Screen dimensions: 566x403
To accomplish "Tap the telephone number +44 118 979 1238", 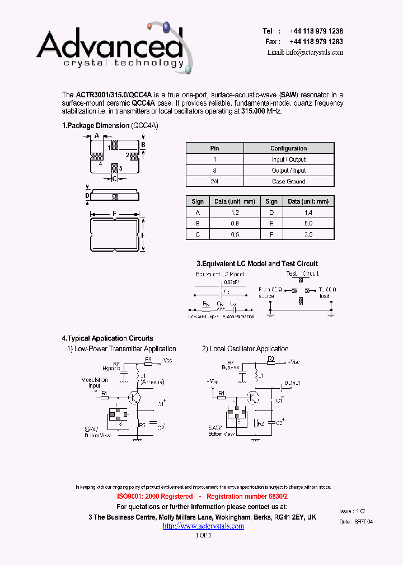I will point(316,31).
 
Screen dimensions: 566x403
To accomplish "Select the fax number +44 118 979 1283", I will point(316,41).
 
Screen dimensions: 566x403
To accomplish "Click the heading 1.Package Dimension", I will point(95,126).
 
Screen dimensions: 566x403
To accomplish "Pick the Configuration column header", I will point(288,148).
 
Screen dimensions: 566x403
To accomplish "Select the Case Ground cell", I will point(288,181).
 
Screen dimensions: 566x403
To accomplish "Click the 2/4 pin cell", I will point(214,181).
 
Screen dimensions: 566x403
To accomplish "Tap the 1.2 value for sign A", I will point(235,213).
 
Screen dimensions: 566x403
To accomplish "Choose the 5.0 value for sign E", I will point(308,223).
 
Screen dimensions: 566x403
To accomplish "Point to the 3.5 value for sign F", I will point(308,234).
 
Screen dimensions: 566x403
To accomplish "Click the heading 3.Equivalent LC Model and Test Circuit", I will point(257,263).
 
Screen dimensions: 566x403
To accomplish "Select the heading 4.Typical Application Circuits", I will point(107,338).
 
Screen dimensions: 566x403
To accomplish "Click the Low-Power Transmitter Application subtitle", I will point(125,348).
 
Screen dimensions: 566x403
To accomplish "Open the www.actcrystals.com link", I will point(203,526).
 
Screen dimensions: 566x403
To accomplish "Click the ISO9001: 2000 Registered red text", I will point(155,497).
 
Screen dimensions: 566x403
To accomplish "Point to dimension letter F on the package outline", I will point(114,214).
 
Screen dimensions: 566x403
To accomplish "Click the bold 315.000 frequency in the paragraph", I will point(253,111).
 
